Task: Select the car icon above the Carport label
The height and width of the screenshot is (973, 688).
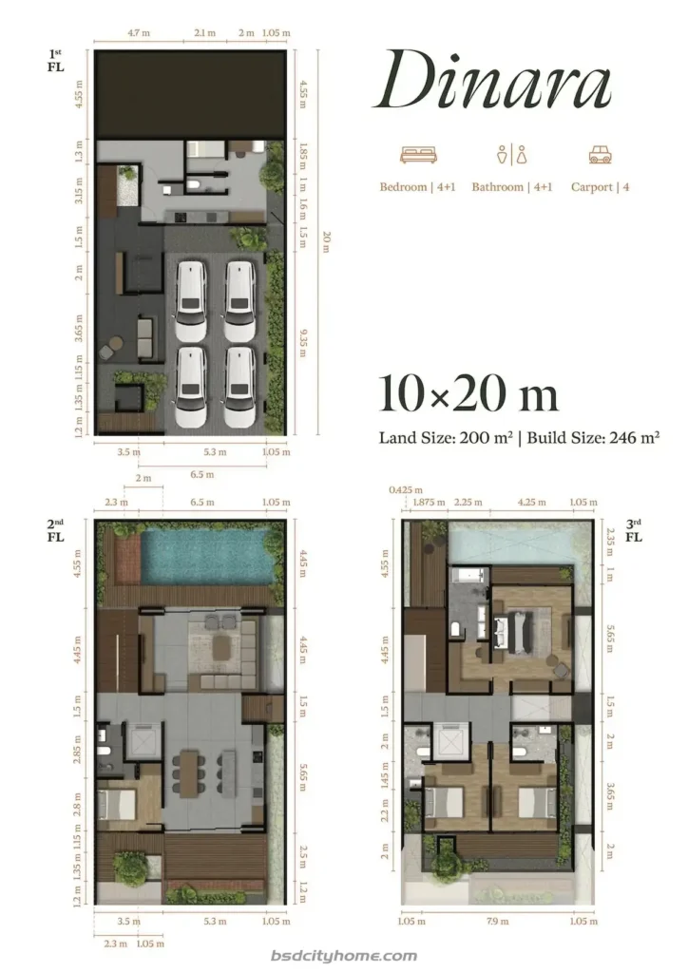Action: [599, 155]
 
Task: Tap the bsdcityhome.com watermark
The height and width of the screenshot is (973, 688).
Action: [343, 956]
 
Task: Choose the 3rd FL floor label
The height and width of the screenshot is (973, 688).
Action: [634, 529]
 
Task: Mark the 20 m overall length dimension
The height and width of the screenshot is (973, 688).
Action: [326, 243]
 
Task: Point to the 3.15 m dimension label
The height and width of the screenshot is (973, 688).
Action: [80, 196]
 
